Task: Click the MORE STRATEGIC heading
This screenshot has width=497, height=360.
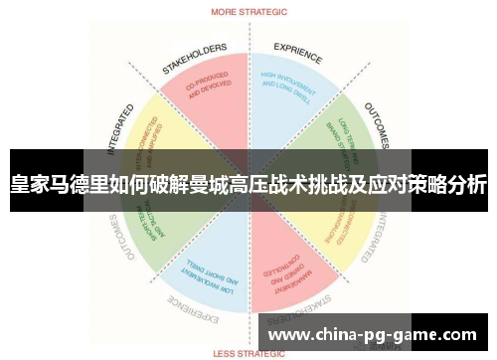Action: [248, 13]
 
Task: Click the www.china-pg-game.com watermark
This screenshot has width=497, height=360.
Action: [373, 336]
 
